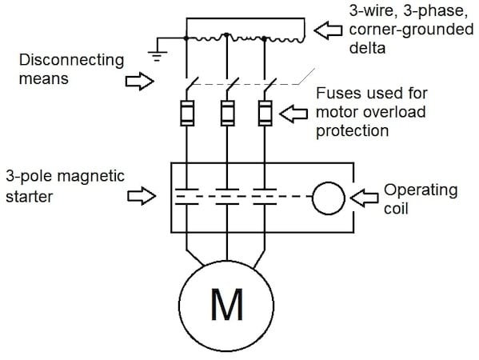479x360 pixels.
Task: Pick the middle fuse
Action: click(x=227, y=113)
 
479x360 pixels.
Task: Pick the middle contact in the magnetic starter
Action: click(x=227, y=194)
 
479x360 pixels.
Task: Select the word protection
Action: click(x=350, y=128)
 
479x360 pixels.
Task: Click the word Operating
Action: click(x=420, y=190)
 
